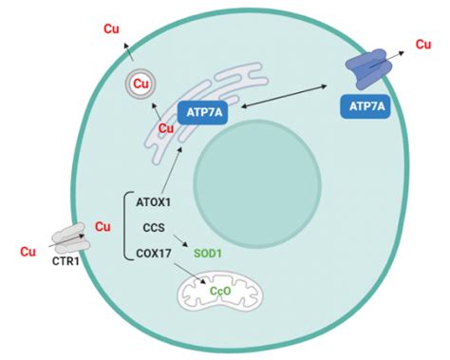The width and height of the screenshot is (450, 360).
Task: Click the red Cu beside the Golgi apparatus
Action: [x=167, y=127]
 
